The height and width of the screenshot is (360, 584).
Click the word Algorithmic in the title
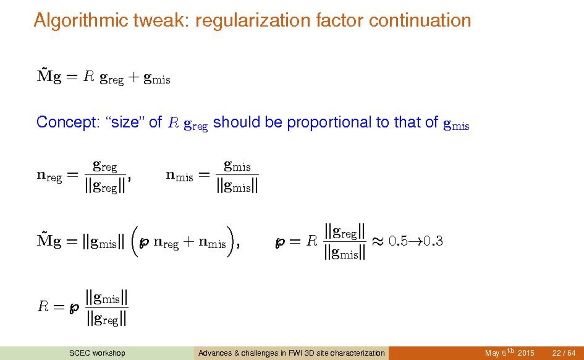[81, 21]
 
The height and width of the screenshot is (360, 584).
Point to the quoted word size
[125, 122]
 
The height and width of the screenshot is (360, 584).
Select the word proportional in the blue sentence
[329, 122]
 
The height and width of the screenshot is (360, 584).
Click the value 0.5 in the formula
[398, 241]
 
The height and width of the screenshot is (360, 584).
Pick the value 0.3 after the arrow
[433, 241]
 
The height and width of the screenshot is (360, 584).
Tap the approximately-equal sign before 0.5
[378, 241]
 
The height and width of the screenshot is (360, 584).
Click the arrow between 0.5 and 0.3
[415, 241]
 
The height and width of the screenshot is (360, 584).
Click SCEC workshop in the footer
[97, 353]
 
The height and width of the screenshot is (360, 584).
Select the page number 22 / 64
[564, 353]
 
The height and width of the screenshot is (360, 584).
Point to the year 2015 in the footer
[526, 353]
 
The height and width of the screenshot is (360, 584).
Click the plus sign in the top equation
[133, 77]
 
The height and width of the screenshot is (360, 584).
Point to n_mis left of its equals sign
[179, 175]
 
